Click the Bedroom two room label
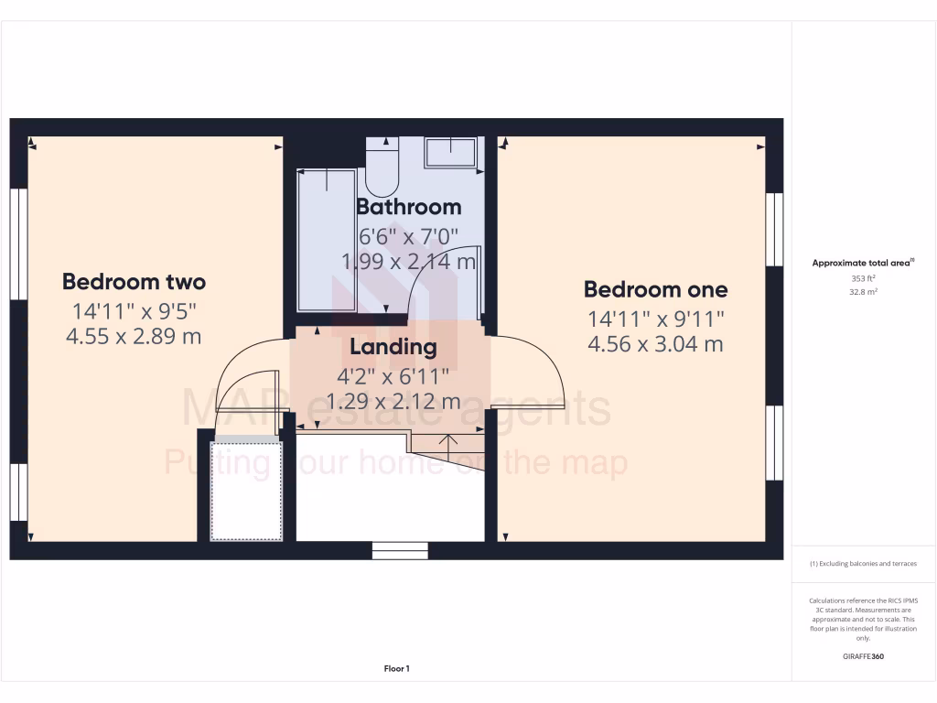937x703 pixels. pyautogui.click(x=134, y=282)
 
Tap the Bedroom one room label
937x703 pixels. pyautogui.click(x=656, y=290)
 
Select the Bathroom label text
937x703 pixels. pyautogui.click(x=408, y=207)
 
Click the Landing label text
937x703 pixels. pyautogui.click(x=393, y=348)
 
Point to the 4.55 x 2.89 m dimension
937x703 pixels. pyautogui.click(x=134, y=336)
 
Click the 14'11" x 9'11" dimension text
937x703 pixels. pyautogui.click(x=656, y=319)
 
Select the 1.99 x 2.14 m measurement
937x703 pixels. pyautogui.click(x=408, y=262)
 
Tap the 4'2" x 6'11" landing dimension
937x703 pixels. pyautogui.click(x=393, y=374)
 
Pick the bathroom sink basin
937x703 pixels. pyautogui.click(x=451, y=152)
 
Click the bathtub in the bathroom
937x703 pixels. pyautogui.click(x=325, y=240)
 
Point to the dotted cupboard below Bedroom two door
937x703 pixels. pyautogui.click(x=246, y=491)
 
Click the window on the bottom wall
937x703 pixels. pyautogui.click(x=400, y=549)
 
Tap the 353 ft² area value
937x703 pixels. pyautogui.click(x=864, y=278)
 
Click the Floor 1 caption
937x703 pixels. pyautogui.click(x=396, y=669)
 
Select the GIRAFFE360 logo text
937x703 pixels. pyautogui.click(x=864, y=656)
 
